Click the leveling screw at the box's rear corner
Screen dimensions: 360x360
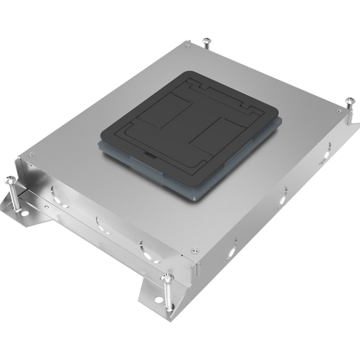206,42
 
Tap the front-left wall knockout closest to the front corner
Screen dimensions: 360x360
144,248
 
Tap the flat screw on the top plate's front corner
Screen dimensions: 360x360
194,248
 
